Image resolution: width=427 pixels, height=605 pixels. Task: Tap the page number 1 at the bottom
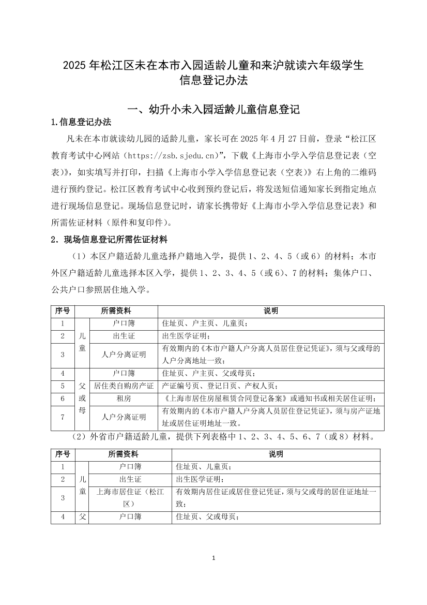tap(213, 558)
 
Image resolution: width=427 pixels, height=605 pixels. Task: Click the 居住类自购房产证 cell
tap(124, 386)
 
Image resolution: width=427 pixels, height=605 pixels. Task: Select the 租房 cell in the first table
tap(124, 399)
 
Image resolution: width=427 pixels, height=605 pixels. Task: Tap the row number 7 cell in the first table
tap(62, 417)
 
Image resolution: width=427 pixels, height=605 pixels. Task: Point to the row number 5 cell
tap(62, 386)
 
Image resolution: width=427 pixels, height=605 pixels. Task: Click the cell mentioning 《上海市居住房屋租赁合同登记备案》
tap(269, 399)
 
